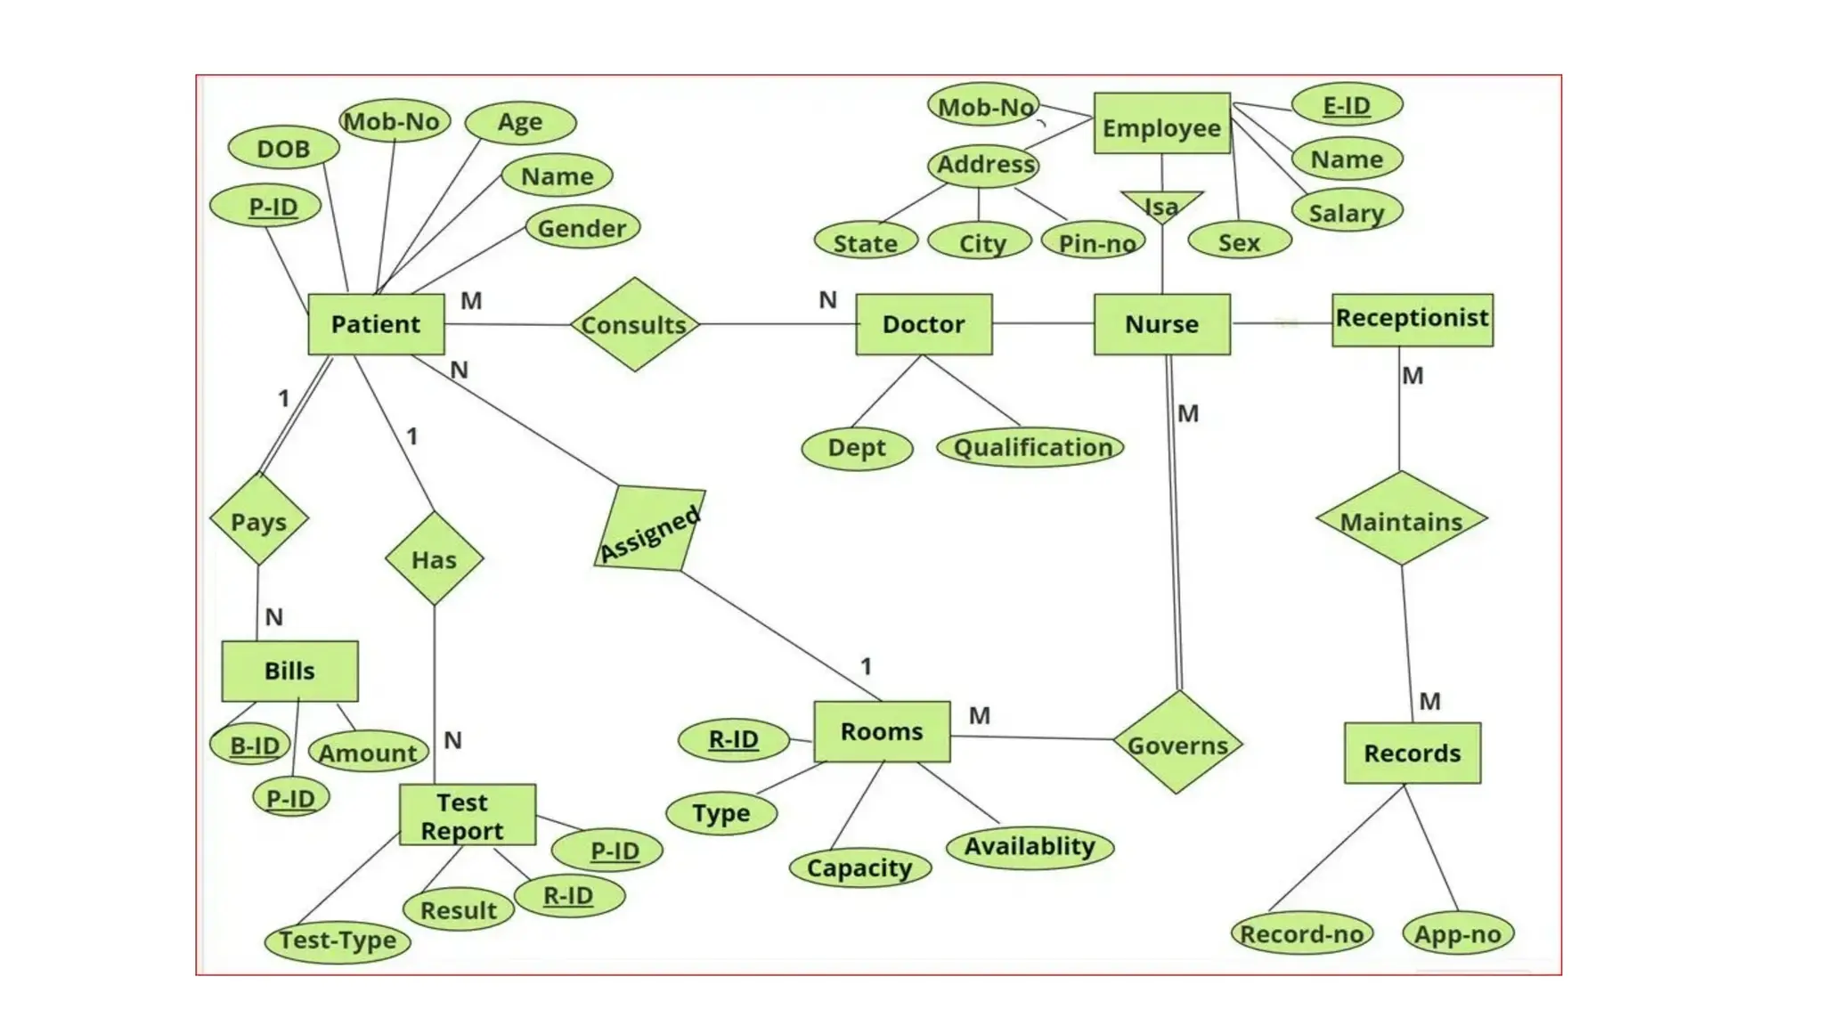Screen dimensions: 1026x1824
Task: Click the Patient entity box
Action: click(376, 324)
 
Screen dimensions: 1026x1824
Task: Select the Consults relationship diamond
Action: click(634, 325)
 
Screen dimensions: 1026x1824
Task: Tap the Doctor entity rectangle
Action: click(924, 324)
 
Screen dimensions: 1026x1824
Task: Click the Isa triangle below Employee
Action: click(1161, 206)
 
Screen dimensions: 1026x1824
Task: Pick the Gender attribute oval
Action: click(582, 229)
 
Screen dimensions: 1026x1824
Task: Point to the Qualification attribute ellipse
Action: click(1031, 447)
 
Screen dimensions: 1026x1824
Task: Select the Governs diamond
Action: click(1177, 744)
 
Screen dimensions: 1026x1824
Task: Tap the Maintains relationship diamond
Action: click(1401, 520)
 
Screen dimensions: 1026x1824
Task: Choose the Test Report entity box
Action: click(467, 815)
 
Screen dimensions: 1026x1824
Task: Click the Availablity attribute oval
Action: click(1030, 846)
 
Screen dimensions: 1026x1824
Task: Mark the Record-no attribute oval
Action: click(1301, 933)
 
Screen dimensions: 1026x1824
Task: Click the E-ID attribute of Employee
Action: click(1347, 105)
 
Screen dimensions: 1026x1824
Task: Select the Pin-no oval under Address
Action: click(1095, 242)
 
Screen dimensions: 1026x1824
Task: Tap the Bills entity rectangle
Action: click(289, 671)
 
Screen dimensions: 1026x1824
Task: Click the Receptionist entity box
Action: click(1412, 319)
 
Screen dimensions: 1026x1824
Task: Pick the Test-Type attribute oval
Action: click(338, 940)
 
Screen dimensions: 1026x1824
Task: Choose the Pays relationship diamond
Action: click(259, 520)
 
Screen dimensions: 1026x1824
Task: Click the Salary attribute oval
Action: click(1347, 213)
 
